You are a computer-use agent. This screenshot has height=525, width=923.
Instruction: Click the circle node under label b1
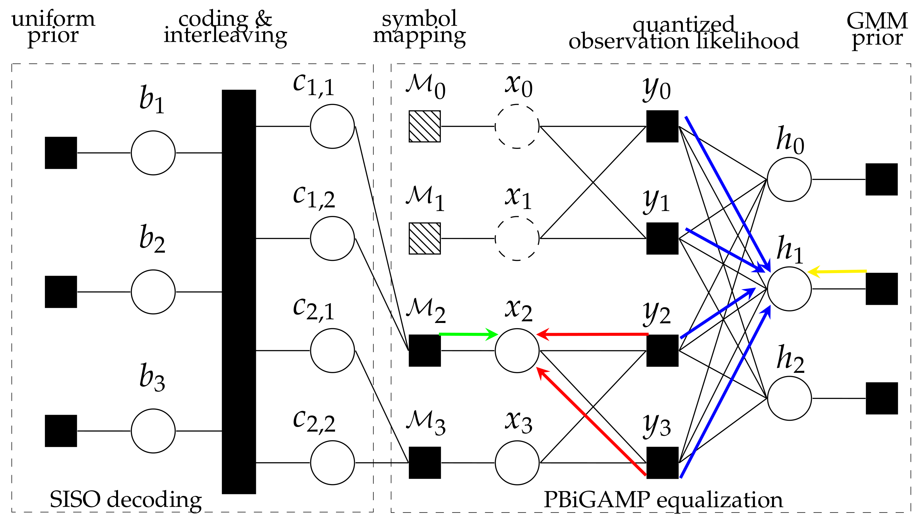(x=153, y=153)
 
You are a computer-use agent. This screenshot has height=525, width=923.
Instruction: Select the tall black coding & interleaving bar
(x=239, y=291)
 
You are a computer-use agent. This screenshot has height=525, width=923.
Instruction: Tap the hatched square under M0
(x=425, y=126)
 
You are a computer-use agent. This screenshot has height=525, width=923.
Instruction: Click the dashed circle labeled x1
(x=517, y=238)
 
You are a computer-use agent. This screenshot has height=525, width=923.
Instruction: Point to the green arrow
(x=468, y=334)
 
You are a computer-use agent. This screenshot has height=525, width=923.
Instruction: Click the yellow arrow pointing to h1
(x=837, y=271)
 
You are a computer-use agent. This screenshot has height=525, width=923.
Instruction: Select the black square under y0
(x=662, y=126)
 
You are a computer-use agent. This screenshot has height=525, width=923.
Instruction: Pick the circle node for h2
(x=789, y=399)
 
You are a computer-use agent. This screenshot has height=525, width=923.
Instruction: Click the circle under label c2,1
(x=332, y=350)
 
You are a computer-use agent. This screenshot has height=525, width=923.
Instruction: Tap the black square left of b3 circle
(x=61, y=431)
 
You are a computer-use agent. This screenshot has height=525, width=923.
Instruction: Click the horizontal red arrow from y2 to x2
(x=592, y=334)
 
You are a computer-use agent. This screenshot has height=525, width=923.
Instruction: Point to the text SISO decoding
(x=125, y=500)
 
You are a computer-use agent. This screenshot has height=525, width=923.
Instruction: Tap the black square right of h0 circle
(x=881, y=179)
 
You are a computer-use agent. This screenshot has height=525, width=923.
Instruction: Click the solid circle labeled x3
(x=517, y=463)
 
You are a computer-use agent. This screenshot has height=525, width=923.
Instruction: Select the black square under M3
(x=425, y=463)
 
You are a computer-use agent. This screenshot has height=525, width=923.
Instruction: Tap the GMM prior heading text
(x=877, y=29)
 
